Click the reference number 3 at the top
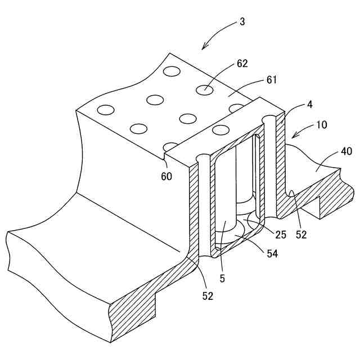click(242, 22)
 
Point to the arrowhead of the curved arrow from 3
click(204, 48)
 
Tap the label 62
click(242, 64)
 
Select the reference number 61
click(272, 80)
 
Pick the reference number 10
click(322, 124)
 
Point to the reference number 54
click(272, 254)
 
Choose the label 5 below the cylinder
click(223, 277)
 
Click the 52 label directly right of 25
click(301, 235)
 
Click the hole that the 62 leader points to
click(205, 89)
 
